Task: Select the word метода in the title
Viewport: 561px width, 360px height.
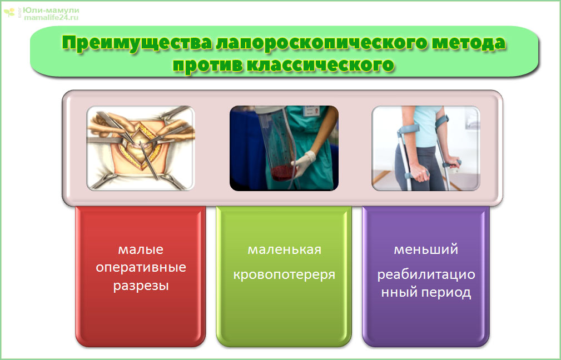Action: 469,43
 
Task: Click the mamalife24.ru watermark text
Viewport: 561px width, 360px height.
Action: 51,17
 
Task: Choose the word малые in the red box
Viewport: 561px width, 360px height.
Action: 141,249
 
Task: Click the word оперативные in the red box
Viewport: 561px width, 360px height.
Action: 141,267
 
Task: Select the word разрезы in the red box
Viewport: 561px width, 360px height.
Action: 141,286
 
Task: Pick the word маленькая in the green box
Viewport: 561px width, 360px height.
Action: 285,249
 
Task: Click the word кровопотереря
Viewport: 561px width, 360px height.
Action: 285,274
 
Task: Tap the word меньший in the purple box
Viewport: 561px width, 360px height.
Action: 426,249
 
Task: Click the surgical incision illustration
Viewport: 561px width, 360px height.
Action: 141,148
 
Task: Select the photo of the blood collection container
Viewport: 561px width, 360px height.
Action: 284,148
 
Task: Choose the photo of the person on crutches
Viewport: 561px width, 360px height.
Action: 426,148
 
